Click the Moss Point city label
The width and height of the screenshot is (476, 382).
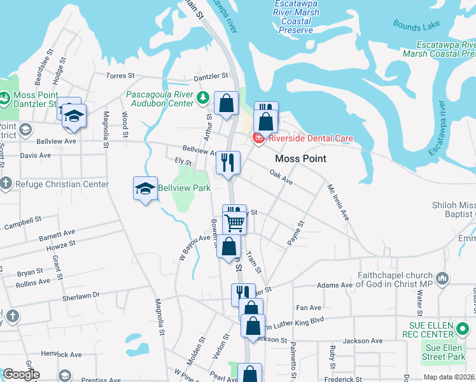[x=300, y=159]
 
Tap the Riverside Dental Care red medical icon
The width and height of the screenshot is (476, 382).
[x=259, y=138]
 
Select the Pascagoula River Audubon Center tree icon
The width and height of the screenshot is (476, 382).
[x=203, y=98]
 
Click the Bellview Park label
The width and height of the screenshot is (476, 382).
[x=184, y=188]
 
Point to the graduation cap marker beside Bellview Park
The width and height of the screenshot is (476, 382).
[x=145, y=188]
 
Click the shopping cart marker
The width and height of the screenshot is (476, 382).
[x=235, y=222]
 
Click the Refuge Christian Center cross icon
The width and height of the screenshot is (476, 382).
[x=6, y=185]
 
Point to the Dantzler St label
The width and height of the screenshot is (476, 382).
[x=211, y=76]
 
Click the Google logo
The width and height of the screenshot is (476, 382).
[x=21, y=374]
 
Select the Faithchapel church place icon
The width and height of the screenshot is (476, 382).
[x=443, y=278]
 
